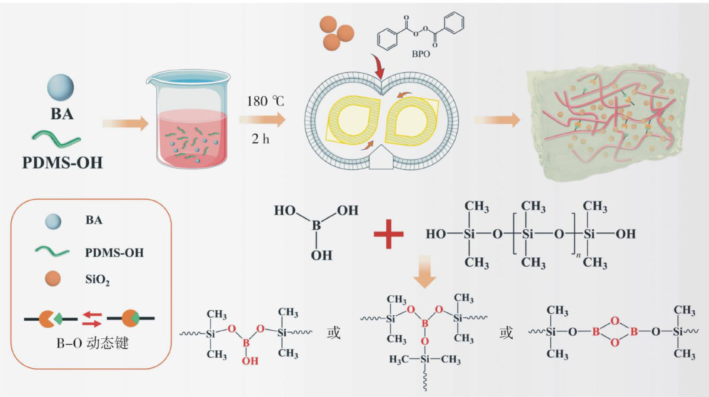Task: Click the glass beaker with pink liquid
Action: pos(186,122)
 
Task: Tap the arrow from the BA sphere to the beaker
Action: pos(125,124)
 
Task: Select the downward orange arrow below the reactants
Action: pos(425,277)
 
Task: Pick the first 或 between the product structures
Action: pos(333,333)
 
